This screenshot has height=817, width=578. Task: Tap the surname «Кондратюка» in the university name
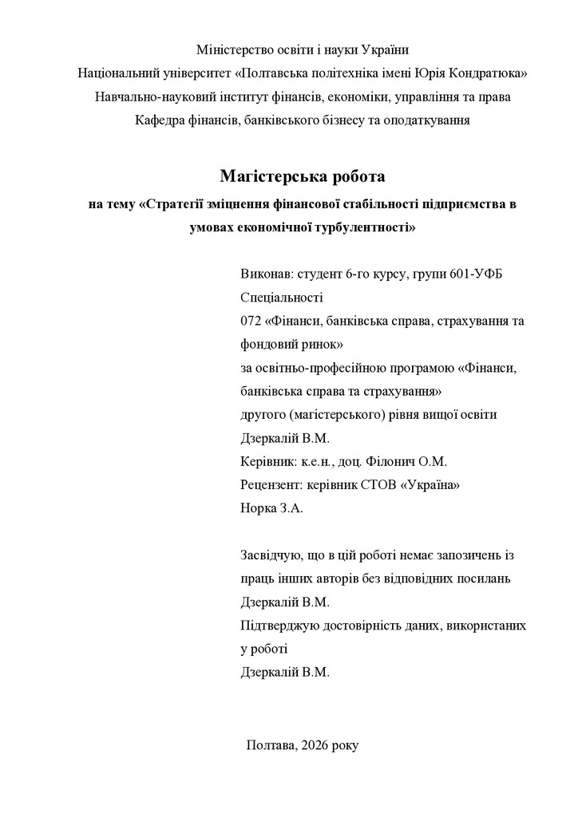(x=492, y=73)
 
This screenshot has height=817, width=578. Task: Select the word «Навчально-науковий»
(x=146, y=97)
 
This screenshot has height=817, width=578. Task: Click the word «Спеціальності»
(x=281, y=298)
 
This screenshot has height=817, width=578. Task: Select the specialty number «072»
(x=251, y=321)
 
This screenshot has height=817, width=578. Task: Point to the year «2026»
(x=319, y=744)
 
